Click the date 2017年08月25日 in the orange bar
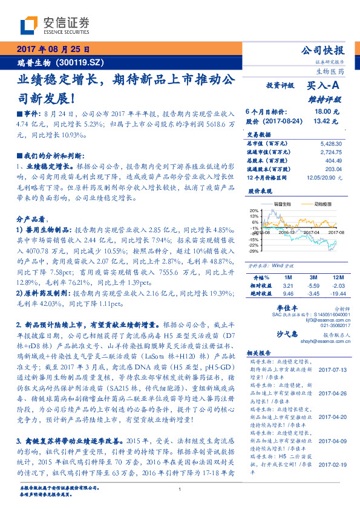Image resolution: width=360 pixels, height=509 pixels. tap(53, 48)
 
